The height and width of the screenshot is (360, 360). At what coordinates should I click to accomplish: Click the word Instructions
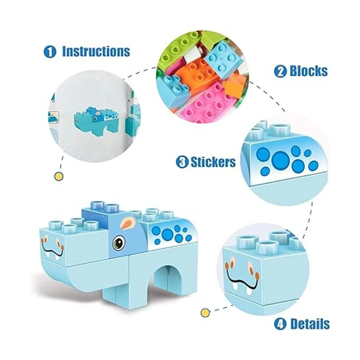tap(96, 52)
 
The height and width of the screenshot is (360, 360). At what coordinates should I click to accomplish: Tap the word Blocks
tap(308, 71)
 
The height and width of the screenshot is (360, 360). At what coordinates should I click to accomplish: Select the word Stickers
tap(213, 162)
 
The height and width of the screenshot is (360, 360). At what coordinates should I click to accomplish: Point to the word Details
tap(310, 324)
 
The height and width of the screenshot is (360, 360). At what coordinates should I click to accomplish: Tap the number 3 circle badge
tap(182, 163)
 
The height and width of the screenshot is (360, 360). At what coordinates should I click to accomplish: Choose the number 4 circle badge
tap(280, 324)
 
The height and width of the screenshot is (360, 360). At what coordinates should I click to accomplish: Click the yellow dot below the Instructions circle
tap(59, 176)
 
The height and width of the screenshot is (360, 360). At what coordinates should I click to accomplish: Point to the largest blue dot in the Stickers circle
tap(280, 158)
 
